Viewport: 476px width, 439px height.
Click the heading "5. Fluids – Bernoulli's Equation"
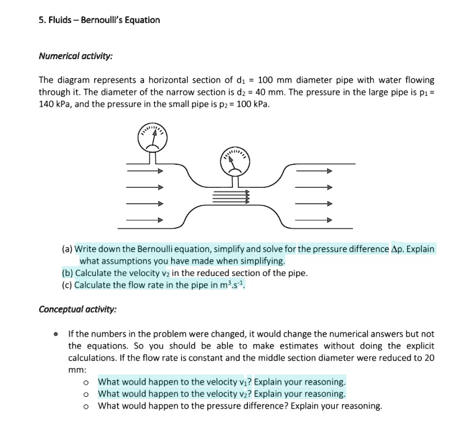[x=99, y=20]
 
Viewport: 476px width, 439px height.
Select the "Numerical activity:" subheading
[x=76, y=56]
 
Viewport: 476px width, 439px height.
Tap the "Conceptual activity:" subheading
[x=77, y=309]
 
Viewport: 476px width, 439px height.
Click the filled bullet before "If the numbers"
[x=56, y=334]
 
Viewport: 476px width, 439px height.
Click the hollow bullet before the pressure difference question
[x=86, y=406]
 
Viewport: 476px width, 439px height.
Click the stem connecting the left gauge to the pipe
[x=153, y=158]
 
